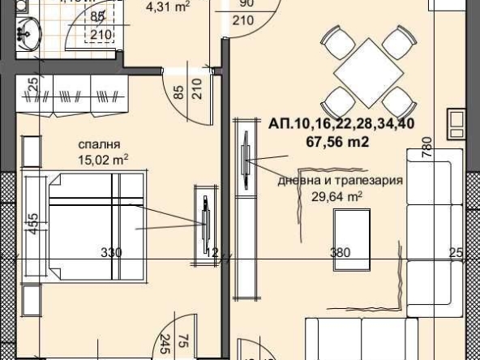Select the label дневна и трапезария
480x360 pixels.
point(340,181)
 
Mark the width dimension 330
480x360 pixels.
point(111,253)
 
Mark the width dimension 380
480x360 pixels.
point(340,253)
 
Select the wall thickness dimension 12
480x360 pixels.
point(212,253)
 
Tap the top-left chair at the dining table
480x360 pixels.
point(332,41)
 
